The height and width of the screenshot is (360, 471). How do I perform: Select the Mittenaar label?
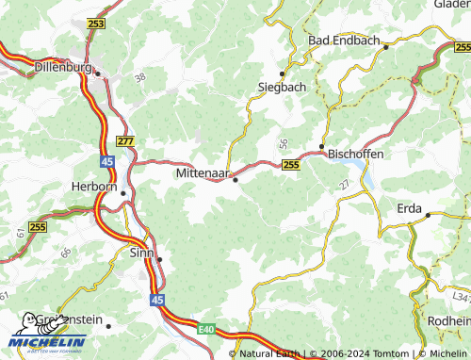[203, 174]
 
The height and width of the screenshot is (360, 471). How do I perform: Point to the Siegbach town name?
[282, 87]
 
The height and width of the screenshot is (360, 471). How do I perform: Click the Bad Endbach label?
[344, 41]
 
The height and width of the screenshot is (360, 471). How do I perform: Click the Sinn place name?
[140, 253]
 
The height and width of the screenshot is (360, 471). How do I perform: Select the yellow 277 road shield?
[126, 140]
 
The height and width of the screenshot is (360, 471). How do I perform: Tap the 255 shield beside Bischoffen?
[291, 164]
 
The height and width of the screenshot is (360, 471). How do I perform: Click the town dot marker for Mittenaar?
[235, 179]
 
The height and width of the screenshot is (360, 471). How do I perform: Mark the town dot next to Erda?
[428, 215]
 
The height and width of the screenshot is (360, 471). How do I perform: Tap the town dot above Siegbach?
[281, 73]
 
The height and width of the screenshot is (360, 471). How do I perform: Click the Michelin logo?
[47, 333]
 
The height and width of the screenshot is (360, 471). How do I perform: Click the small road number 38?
[140, 77]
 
